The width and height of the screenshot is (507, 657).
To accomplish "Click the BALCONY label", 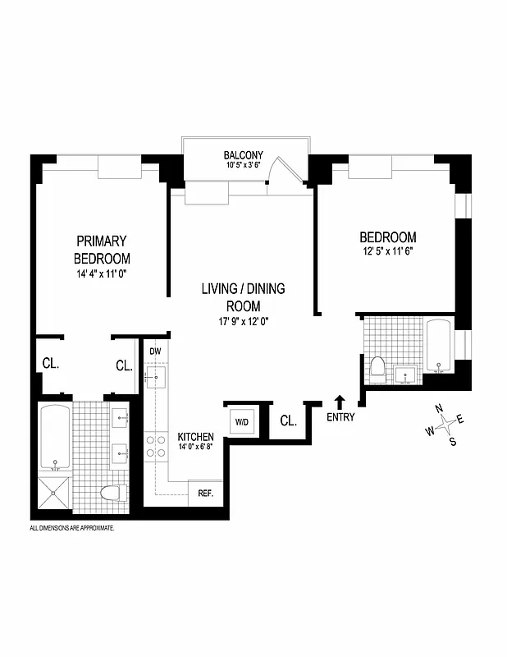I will pos(244,154).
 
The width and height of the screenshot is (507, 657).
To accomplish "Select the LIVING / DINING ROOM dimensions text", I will pos(244,322).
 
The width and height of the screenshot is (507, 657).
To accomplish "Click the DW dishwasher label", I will pos(155,351).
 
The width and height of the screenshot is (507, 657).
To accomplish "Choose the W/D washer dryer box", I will pos(242,421).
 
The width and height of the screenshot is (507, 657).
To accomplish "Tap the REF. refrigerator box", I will pos(205,494).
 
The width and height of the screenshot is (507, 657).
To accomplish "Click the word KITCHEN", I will pos(196,436).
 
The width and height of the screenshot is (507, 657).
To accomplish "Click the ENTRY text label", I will pos(340,417).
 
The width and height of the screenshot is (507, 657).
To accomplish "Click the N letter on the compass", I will pos(439,409).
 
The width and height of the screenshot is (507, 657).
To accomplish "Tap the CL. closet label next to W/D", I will pos(288,421).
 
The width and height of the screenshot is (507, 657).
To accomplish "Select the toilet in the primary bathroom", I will pos(112,493).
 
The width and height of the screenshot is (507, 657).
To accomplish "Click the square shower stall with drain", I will pos(56,493).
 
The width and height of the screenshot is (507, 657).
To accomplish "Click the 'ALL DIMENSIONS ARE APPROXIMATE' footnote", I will pos(72,528).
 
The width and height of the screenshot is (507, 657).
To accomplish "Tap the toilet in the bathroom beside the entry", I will pos(377,366).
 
